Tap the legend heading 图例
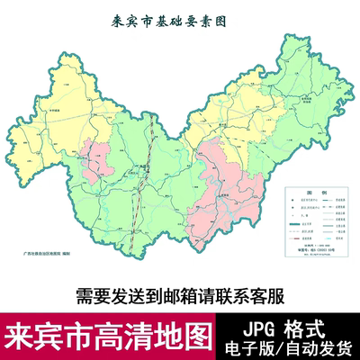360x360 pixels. click(312, 193)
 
